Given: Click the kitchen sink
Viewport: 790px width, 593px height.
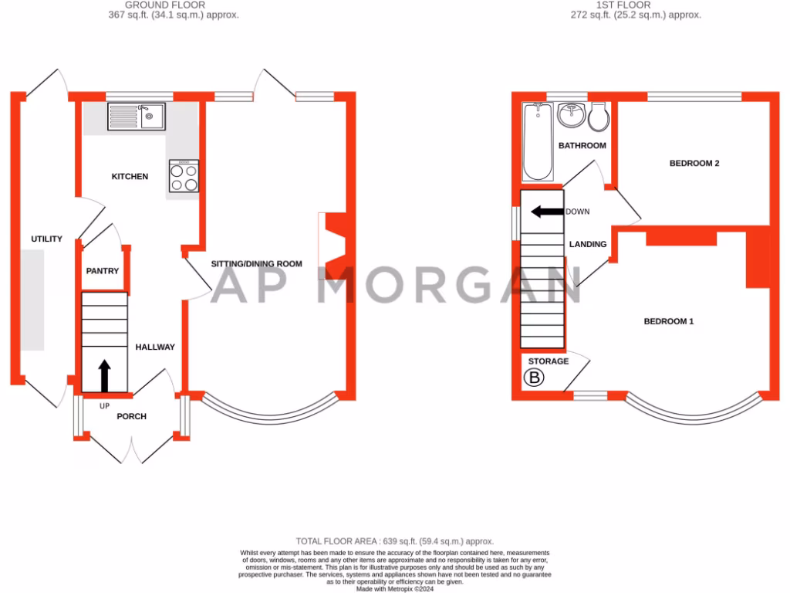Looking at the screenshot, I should click(x=136, y=117).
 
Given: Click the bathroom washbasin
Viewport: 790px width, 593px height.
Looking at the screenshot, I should click(x=572, y=117).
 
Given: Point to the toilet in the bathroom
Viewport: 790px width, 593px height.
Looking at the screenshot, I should click(x=598, y=118).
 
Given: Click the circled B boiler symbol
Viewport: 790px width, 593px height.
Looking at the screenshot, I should click(x=534, y=378).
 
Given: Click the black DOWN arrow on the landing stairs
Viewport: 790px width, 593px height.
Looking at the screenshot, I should click(x=545, y=212).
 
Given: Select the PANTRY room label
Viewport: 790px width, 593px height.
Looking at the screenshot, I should click(x=103, y=271).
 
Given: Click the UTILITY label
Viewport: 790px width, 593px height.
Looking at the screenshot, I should click(x=46, y=239).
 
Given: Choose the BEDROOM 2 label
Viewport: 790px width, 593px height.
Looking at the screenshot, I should click(x=694, y=164).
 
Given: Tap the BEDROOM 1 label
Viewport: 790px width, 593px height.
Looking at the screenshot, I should click(x=669, y=321).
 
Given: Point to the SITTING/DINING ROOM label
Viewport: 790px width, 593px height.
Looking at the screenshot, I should click(x=257, y=264).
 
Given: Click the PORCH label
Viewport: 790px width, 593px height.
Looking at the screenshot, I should click(x=131, y=416).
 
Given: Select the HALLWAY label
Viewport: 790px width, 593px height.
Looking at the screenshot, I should click(x=155, y=347).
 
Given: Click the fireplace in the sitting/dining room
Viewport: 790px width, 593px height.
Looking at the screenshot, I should click(x=333, y=246).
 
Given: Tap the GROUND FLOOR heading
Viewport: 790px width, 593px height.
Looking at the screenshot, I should click(x=177, y=5).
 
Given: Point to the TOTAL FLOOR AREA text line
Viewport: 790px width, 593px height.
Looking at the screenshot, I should click(x=395, y=541).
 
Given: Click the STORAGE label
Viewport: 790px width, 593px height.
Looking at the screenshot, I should click(x=549, y=361).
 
